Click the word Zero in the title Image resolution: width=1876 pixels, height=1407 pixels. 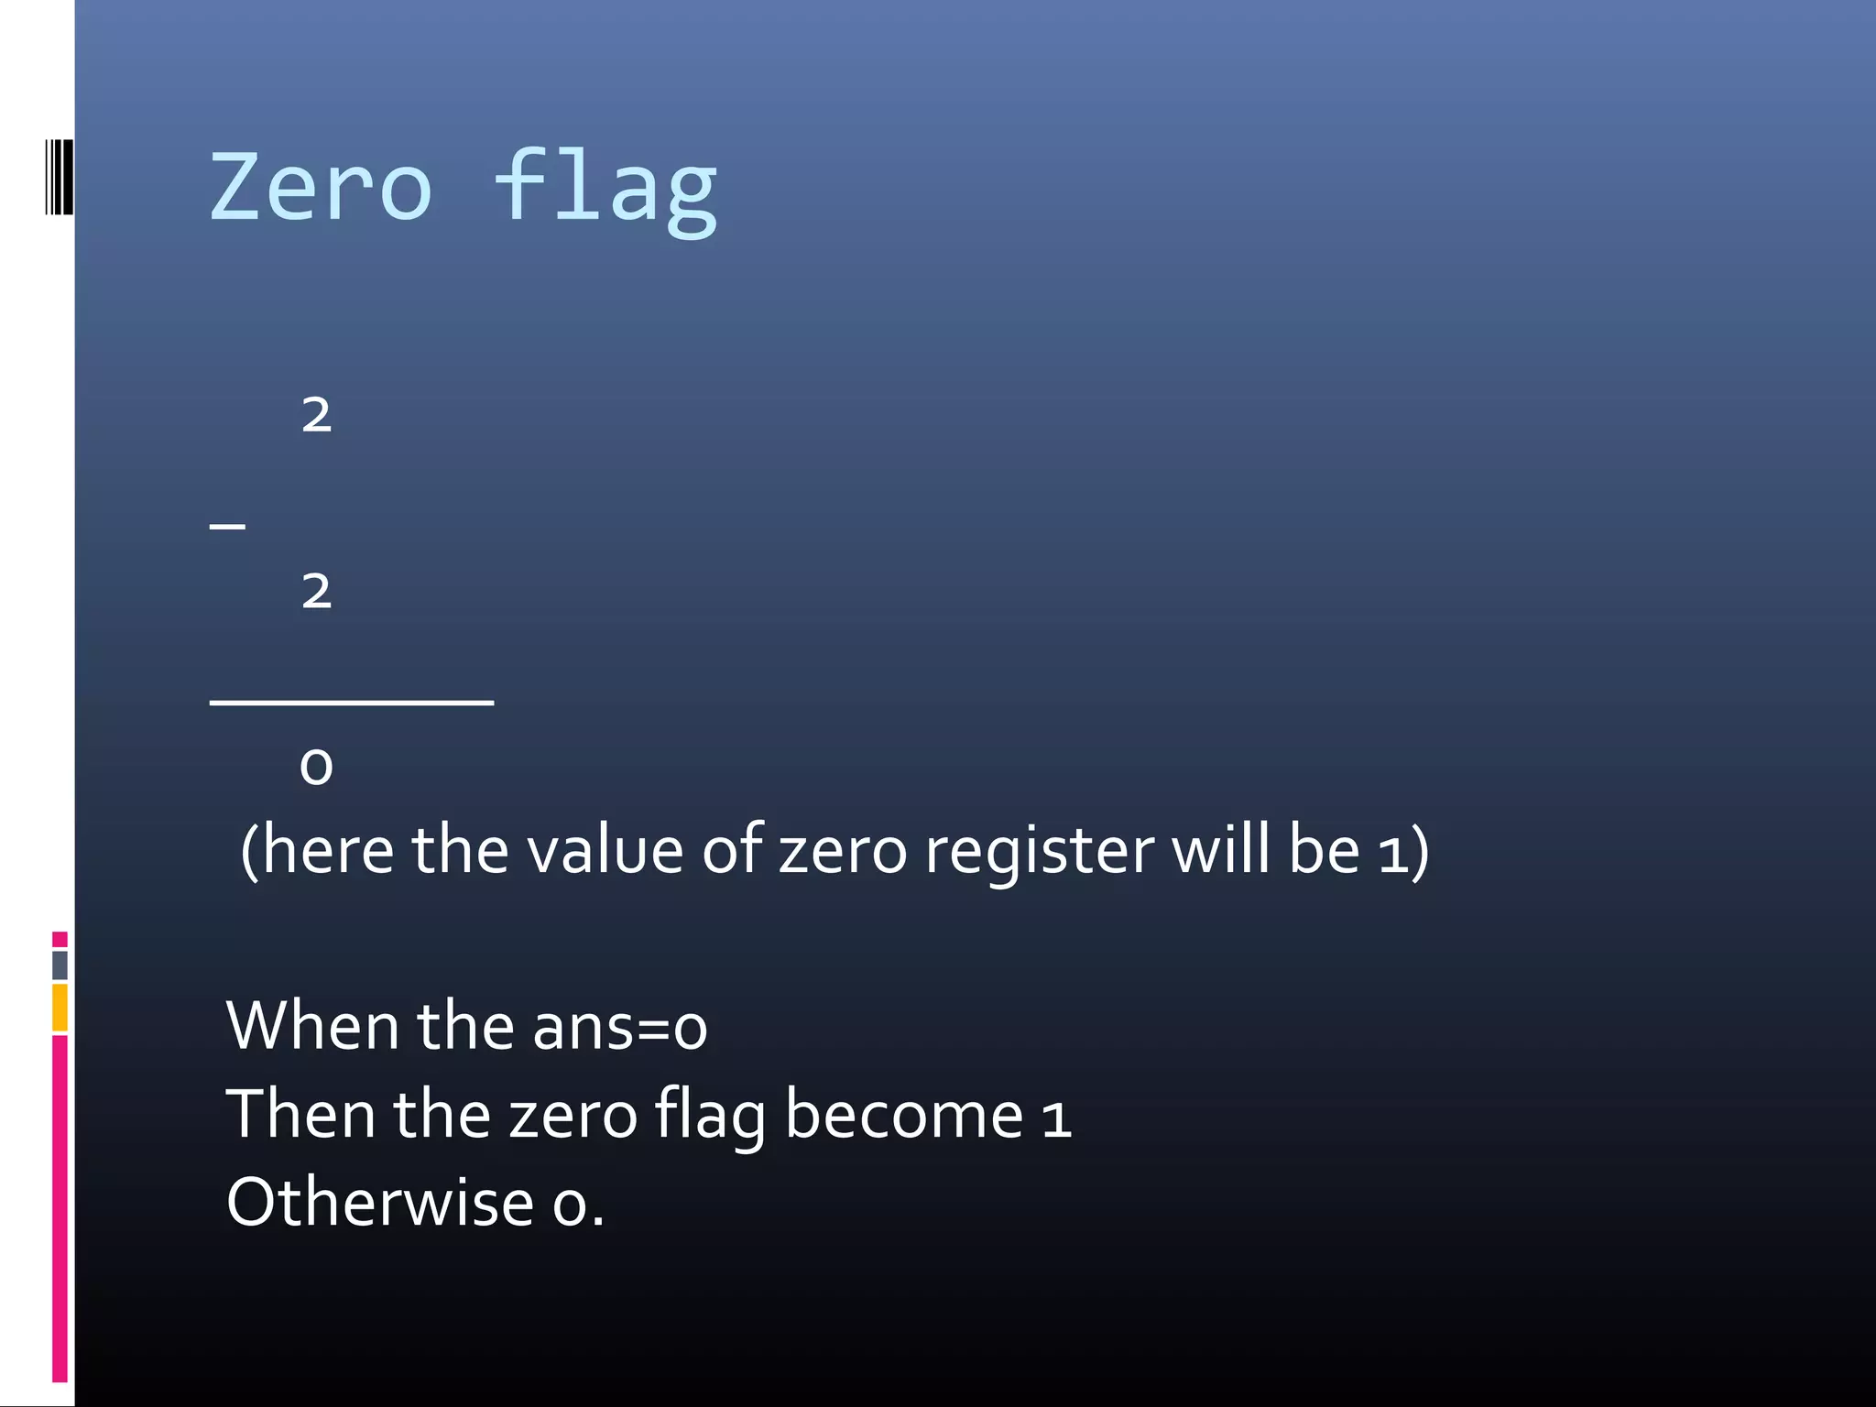point(320,188)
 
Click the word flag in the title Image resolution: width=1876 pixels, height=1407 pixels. point(605,188)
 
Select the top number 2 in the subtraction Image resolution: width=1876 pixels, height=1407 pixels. point(316,415)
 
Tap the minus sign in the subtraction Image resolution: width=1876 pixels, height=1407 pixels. point(227,526)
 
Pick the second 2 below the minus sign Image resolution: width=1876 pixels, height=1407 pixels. point(316,591)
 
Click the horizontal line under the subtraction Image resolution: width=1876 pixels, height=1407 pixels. point(352,702)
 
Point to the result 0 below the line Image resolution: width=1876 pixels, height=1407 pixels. point(316,766)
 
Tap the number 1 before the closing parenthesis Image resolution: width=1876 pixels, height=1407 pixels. point(1391,852)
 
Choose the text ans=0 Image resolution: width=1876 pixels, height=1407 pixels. point(619,1027)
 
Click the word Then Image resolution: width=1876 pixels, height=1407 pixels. point(300,1114)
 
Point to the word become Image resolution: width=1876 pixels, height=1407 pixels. point(903,1115)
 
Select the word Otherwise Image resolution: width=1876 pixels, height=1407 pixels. point(380,1202)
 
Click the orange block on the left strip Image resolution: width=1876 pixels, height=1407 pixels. point(60,1007)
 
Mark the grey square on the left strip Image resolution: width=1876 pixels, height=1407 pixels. point(60,965)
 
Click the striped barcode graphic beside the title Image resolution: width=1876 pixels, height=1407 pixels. point(60,177)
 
